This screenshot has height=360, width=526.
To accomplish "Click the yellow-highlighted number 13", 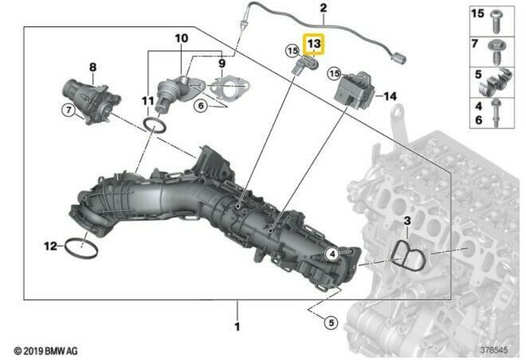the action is pos(314,44).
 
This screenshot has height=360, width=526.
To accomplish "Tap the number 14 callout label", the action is pos(390,96).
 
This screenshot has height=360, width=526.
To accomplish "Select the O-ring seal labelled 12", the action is pos(82,248).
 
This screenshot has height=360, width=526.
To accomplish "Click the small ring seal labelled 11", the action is pos(155,125).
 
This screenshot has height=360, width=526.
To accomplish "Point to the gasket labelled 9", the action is pos(230,87).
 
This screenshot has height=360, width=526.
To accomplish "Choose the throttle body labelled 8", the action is pos(91,102).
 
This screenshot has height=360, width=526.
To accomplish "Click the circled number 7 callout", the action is pos(69,110).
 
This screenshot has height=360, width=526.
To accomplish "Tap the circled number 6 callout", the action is pos(201,106).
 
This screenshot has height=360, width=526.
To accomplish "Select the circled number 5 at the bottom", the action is pos(331,323).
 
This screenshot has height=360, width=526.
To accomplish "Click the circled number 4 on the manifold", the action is pos(332,254).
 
